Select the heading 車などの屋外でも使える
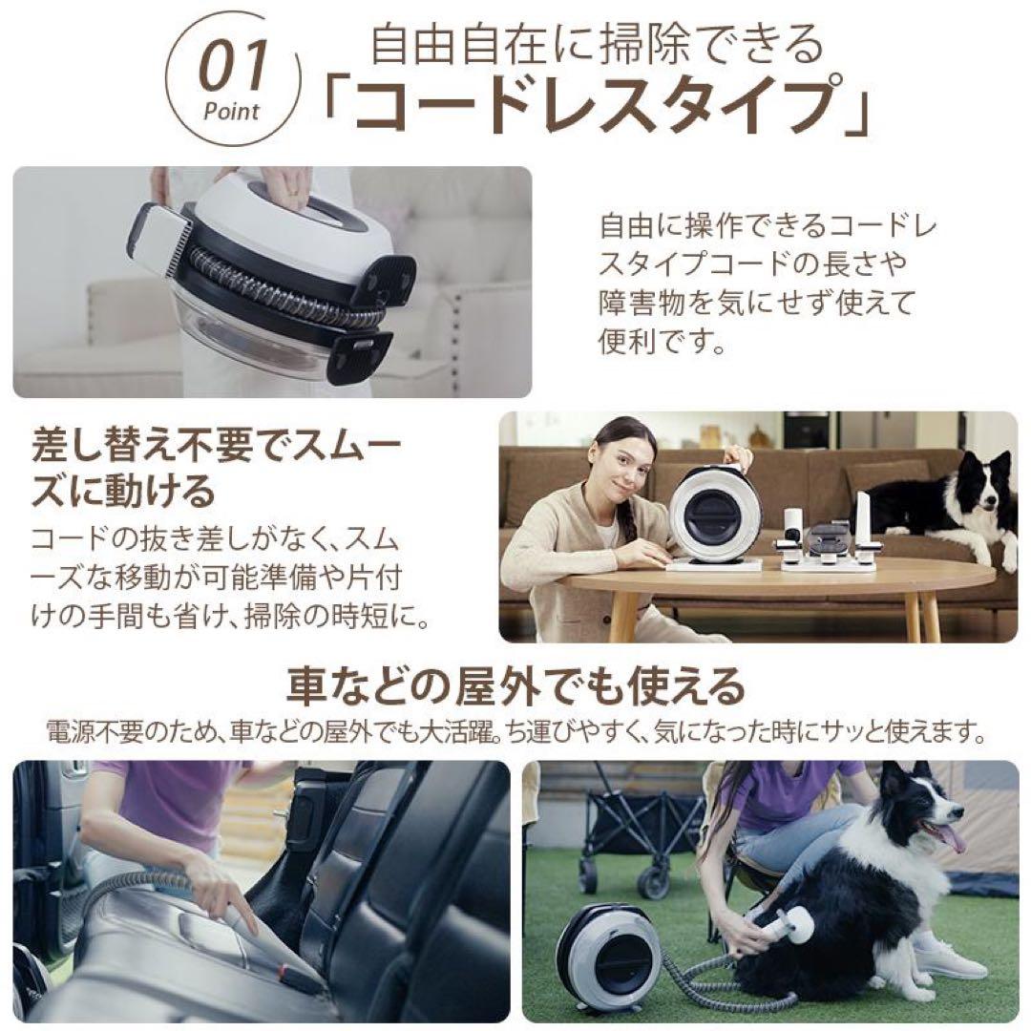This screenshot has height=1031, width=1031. pyautogui.click(x=515, y=684)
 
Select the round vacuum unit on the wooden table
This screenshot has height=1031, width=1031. pyautogui.click(x=715, y=515)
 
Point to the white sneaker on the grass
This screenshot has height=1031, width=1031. pyautogui.click(x=947, y=960)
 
